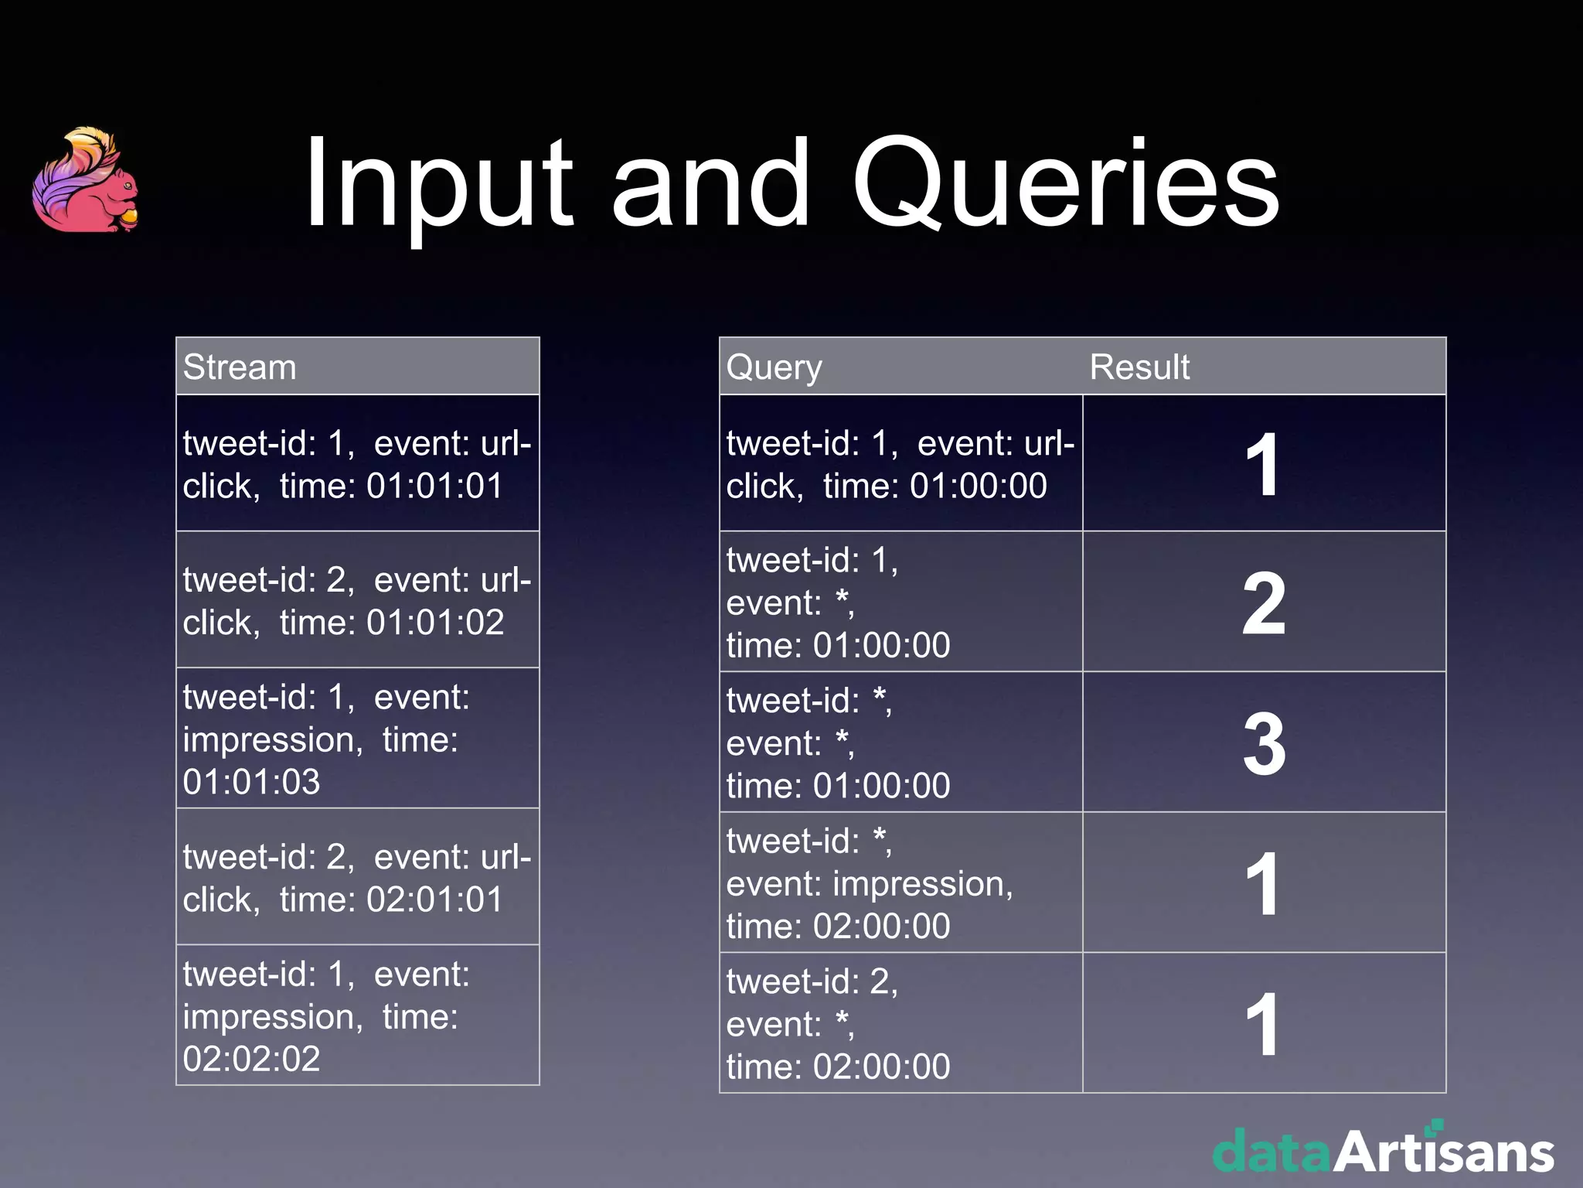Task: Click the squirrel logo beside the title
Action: coord(86,179)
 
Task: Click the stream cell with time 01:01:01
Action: coord(357,464)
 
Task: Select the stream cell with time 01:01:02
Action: coord(357,600)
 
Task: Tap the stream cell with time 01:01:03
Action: coord(357,739)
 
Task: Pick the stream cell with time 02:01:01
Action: coord(357,877)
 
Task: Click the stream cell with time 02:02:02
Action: coord(357,1016)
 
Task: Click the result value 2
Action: coord(1264,603)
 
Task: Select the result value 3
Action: coord(1264,743)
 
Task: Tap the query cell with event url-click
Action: coord(900,464)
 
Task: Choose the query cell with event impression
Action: coord(900,883)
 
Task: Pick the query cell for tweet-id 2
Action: coord(900,1023)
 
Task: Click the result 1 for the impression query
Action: coord(1264,883)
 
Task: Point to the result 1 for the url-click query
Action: coord(1264,464)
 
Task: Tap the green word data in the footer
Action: coord(1272,1152)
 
